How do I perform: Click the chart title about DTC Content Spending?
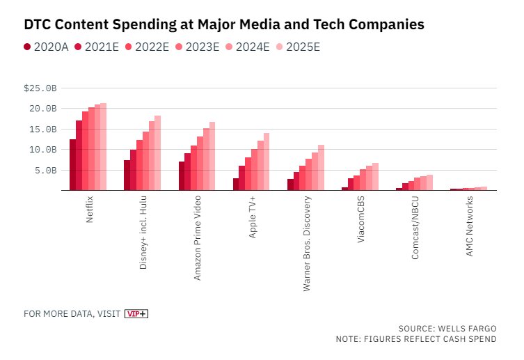[223, 24]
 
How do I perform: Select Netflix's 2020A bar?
[72, 164]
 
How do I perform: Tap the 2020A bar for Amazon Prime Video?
[182, 175]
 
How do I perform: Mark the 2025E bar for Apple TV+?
[266, 162]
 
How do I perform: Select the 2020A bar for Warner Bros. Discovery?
[290, 185]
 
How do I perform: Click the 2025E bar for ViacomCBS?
[375, 177]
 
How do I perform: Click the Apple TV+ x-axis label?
[253, 217]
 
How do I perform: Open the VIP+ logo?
[136, 314]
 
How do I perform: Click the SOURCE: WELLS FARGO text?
[447, 328]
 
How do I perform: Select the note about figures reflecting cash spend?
[415, 339]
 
